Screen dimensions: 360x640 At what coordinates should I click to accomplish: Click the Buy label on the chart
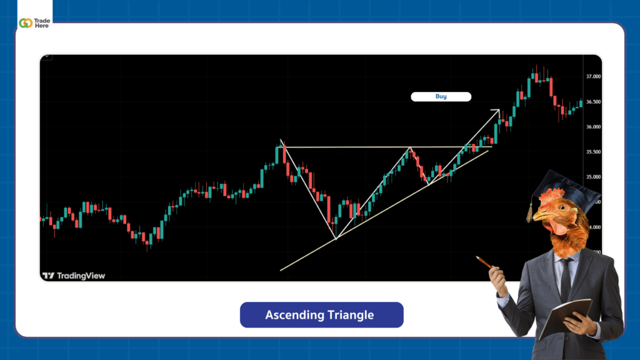click(441, 97)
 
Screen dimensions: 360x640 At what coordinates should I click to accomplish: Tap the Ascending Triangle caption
click(321, 315)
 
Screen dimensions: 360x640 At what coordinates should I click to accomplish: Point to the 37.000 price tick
click(593, 76)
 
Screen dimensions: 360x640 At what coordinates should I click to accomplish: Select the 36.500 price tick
click(593, 102)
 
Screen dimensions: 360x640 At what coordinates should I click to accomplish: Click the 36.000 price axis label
click(593, 127)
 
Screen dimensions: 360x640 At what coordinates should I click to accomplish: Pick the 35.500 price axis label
click(593, 152)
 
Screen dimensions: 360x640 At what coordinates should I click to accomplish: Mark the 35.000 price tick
click(593, 177)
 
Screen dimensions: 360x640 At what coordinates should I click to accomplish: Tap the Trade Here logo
click(34, 22)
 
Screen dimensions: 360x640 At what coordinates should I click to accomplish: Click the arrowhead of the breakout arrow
click(497, 112)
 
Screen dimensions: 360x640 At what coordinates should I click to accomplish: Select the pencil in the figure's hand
click(484, 262)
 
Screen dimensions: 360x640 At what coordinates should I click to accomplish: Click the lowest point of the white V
click(336, 238)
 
